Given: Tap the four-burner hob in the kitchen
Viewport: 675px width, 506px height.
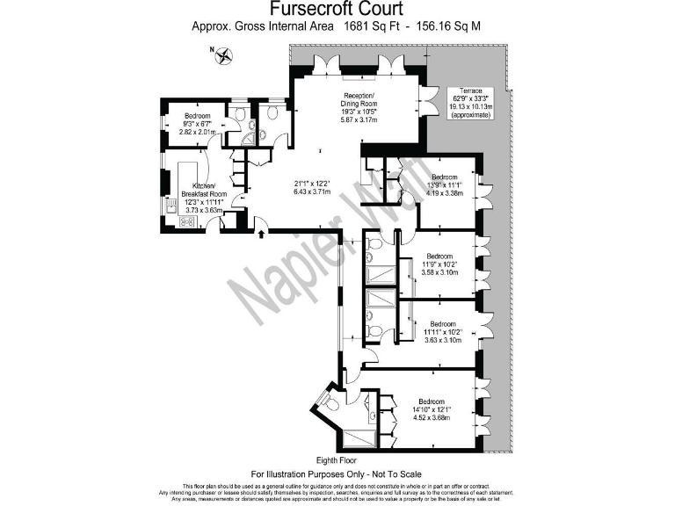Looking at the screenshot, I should point(186,221).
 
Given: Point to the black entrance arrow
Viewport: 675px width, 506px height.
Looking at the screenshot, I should point(261,231).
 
